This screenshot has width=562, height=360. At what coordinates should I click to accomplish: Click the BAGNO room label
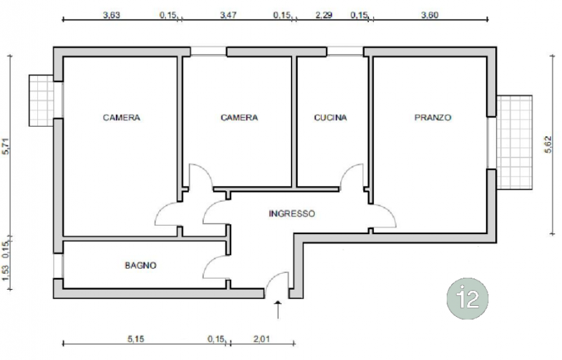pyautogui.click(x=140, y=265)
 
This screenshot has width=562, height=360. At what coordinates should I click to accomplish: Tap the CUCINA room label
pyautogui.click(x=330, y=117)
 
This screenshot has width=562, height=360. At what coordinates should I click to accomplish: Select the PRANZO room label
pyautogui.click(x=433, y=117)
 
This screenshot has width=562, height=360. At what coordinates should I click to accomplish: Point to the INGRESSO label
pyautogui.click(x=292, y=214)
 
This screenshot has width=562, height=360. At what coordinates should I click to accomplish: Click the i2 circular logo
pyautogui.click(x=468, y=298)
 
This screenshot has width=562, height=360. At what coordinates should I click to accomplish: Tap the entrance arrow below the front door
pyautogui.click(x=277, y=310)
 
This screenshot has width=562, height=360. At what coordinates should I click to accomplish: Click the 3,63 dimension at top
pyautogui.click(x=112, y=15)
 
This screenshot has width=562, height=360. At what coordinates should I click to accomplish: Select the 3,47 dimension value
pyautogui.click(x=228, y=15)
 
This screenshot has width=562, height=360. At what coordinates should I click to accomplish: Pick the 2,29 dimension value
pyautogui.click(x=324, y=15)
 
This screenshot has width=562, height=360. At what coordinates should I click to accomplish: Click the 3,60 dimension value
pyautogui.click(x=430, y=15)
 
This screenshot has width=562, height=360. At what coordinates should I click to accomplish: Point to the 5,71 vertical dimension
pyautogui.click(x=6, y=146)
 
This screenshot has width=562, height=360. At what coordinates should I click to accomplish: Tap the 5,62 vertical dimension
pyautogui.click(x=549, y=145)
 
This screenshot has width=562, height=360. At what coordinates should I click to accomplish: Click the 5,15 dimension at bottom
pyautogui.click(x=136, y=338)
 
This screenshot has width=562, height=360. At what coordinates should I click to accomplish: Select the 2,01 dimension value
pyautogui.click(x=261, y=338)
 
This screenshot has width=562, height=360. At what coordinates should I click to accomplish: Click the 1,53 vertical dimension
pyautogui.click(x=6, y=273)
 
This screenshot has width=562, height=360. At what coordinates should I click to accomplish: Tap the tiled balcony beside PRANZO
pyautogui.click(x=514, y=142)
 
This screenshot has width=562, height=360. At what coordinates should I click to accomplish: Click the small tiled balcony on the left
pyautogui.click(x=41, y=101)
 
